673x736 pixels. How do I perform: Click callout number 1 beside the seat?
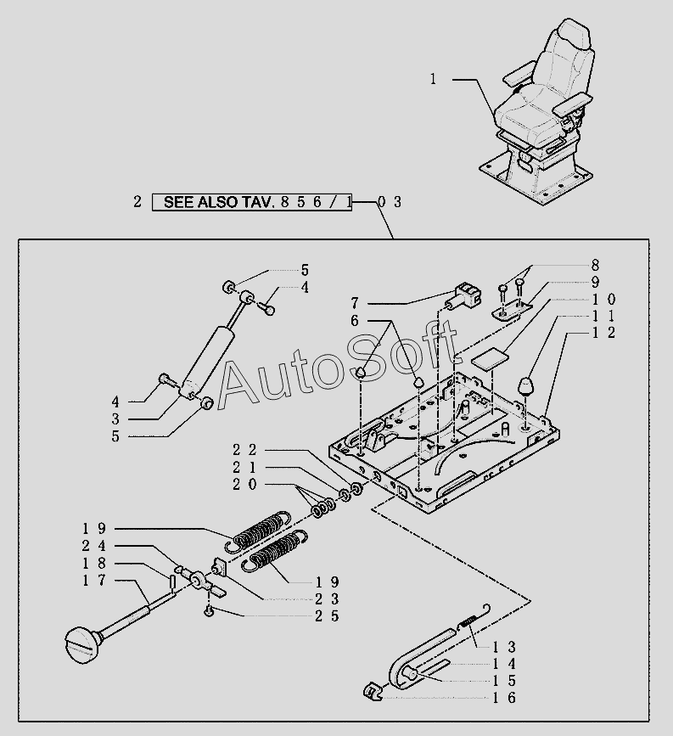(433, 79)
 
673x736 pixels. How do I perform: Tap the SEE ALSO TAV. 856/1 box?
(252, 202)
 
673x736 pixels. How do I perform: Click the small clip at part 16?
(370, 693)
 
